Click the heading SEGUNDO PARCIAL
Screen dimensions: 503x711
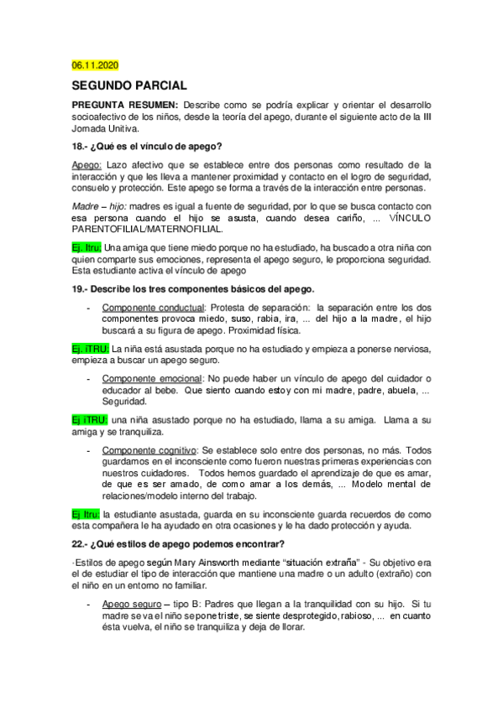coord(129,85)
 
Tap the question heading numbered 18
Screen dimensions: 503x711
coord(147,146)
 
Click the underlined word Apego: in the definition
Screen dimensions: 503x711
coord(87,164)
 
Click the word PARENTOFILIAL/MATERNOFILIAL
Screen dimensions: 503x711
coord(148,229)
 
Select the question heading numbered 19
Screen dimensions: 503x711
coord(193,288)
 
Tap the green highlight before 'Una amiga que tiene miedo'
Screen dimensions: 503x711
coord(86,248)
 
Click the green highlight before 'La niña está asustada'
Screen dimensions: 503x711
coord(86,349)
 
